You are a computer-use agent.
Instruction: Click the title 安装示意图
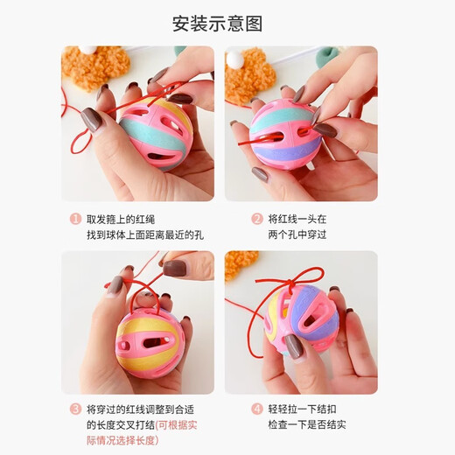coord(227,24)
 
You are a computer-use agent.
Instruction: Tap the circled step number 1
coord(75,220)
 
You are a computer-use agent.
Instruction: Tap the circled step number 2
coord(256,220)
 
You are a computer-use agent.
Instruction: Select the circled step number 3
coord(75,408)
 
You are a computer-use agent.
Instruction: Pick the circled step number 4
coord(256,408)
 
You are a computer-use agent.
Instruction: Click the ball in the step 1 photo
coord(154,131)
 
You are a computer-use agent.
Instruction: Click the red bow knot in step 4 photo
coord(289,284)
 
